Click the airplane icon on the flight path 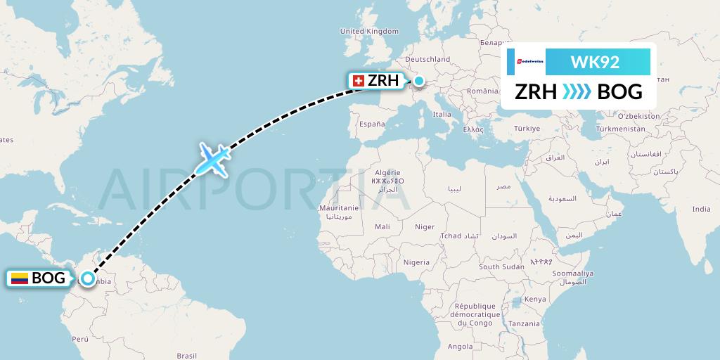pos(212,160)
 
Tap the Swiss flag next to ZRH pos(358,82)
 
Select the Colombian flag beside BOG pos(19,278)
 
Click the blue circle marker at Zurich pos(419,81)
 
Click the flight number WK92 pos(595,61)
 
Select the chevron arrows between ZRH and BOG pos(577,91)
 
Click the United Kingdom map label pos(368,31)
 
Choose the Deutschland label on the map pos(427,59)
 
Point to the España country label pos(372,124)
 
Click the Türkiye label pos(527,128)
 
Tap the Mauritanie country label pos(339,208)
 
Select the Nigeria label pos(416,262)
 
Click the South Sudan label pos(501,266)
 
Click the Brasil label pos(186,356)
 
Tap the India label pos(700,209)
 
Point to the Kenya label pos(535,299)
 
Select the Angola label pos(461,346)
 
